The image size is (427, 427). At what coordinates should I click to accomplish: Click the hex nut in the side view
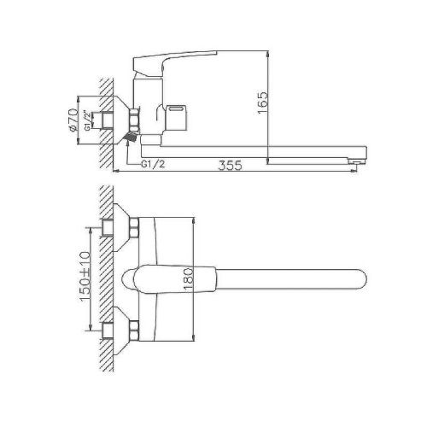tap(135, 117)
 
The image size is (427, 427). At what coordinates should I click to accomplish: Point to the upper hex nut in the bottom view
tap(134, 228)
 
